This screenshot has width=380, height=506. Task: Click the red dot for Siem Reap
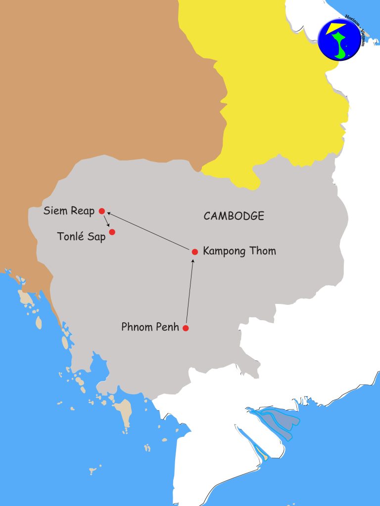(102, 211)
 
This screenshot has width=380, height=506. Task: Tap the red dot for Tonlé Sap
(112, 232)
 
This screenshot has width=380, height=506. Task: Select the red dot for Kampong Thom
(195, 252)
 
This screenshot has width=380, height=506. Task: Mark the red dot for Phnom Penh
(186, 328)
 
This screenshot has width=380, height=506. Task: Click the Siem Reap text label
(69, 211)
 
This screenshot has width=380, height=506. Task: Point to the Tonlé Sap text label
(82, 237)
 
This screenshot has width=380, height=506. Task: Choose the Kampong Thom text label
(239, 252)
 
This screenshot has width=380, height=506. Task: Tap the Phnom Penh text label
(150, 327)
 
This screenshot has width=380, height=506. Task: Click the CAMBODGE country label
(234, 216)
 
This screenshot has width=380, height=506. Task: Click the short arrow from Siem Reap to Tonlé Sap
(107, 221)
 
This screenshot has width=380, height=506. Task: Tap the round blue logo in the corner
(339, 39)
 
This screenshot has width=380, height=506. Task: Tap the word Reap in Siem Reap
(82, 211)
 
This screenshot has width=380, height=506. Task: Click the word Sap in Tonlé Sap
(97, 237)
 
